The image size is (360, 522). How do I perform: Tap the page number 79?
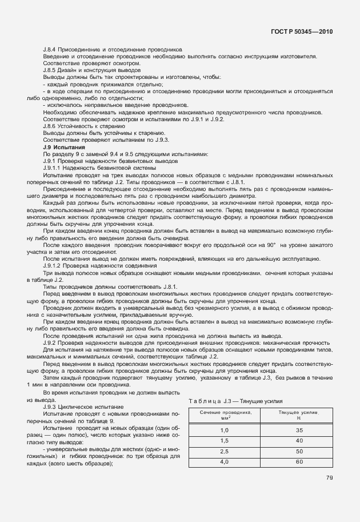tap(329, 478)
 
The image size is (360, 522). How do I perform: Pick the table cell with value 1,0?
tap(224, 429)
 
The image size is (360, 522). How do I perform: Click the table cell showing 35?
tap(299, 429)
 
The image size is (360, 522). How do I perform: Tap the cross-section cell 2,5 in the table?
tap(224, 451)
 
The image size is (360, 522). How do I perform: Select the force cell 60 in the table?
tap(299, 462)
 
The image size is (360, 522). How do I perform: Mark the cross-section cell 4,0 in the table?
tap(224, 462)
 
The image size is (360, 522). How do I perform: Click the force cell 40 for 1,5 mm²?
tap(299, 440)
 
